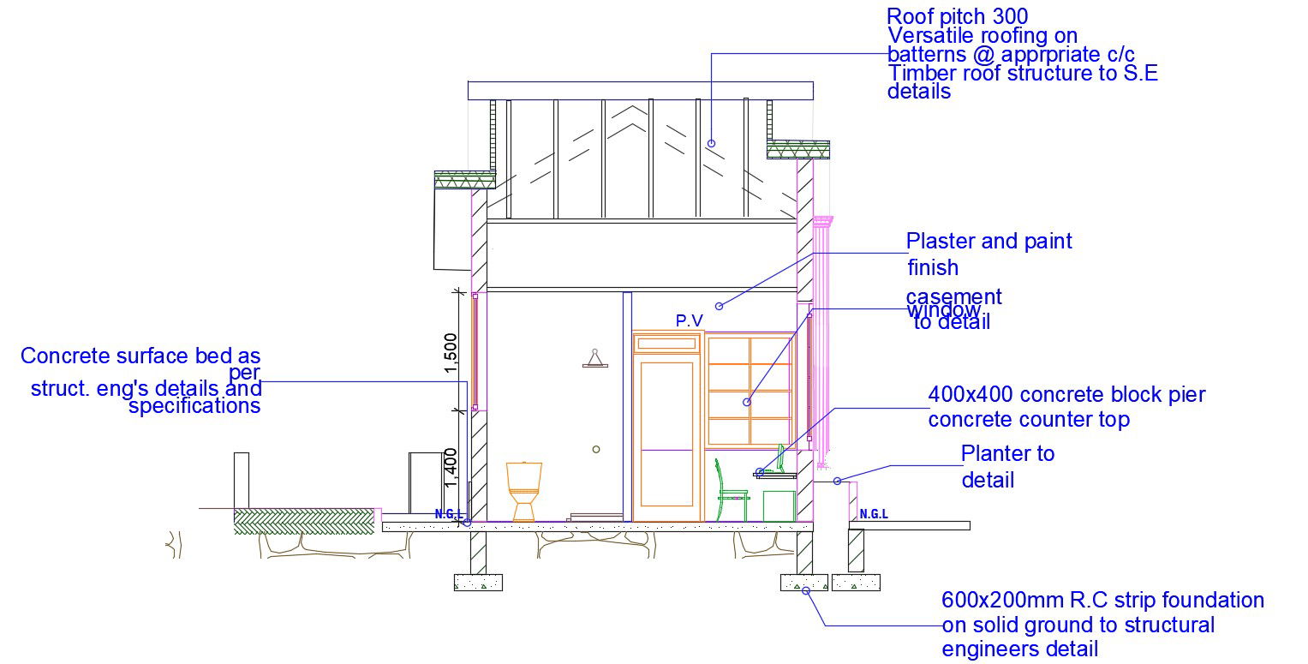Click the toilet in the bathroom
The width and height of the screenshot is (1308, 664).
[523, 492]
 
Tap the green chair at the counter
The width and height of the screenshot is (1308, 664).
[731, 490]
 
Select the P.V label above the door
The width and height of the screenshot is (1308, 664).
[689, 320]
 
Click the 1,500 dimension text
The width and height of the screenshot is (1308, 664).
[451, 353]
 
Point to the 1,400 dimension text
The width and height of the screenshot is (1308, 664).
[451, 467]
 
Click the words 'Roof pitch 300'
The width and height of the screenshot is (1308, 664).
[957, 16]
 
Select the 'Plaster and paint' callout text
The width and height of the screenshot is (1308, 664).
[988, 242]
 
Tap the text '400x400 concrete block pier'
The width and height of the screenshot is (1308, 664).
[1066, 395]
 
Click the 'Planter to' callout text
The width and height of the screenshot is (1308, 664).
[1007, 454]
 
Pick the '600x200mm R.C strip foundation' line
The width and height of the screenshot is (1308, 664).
[1102, 601]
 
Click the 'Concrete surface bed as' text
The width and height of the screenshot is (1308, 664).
[140, 356]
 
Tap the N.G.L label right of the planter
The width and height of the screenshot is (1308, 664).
[874, 514]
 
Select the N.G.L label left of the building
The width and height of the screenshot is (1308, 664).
[449, 515]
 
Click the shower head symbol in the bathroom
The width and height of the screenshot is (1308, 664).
[595, 359]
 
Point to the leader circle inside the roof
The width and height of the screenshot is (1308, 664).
[711, 143]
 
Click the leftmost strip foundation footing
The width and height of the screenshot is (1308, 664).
[478, 583]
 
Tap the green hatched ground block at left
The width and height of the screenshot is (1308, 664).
[303, 522]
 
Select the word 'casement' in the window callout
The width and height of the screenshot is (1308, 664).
[953, 296]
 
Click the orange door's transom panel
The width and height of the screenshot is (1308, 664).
[666, 344]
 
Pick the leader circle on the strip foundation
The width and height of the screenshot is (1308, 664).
[805, 591]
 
